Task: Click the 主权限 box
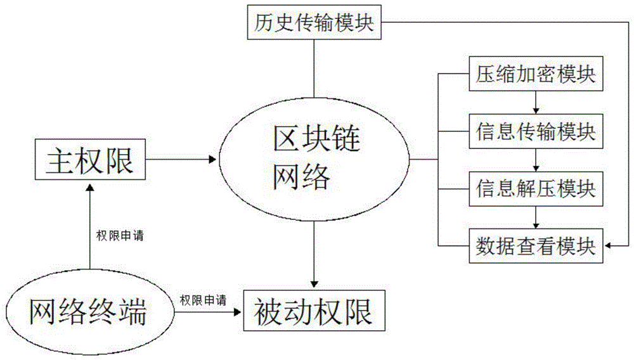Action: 89,161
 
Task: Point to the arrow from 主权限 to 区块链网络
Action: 181,160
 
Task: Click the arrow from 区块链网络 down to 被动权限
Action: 314,254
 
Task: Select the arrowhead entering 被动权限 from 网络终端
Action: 238,311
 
